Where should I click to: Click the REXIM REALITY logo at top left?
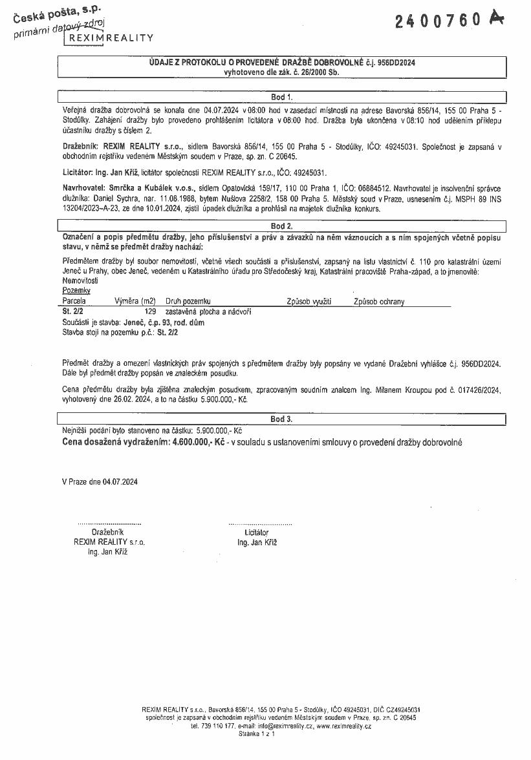(109, 37)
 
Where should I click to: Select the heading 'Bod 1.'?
(281, 97)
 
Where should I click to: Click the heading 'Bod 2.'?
(281, 226)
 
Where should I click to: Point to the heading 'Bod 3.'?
(281, 419)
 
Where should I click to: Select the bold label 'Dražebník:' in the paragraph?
(80, 147)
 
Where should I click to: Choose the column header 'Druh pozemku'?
(188, 301)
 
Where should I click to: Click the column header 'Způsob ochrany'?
(379, 301)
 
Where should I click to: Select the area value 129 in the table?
(151, 311)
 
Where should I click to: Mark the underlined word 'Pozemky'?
(76, 291)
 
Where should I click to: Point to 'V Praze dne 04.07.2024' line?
(100, 481)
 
